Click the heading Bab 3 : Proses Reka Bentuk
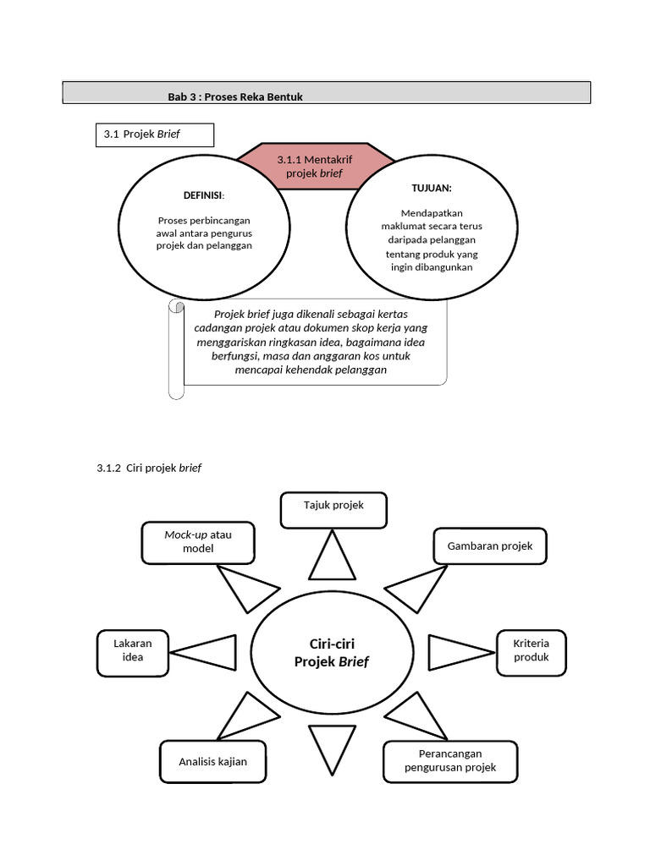click(x=235, y=97)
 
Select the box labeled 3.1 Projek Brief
click(x=154, y=134)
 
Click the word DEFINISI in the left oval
click(x=202, y=195)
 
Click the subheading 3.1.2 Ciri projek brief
click(x=149, y=468)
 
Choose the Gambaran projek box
click(x=490, y=546)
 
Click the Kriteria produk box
click(x=531, y=651)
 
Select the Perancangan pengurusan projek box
click(x=450, y=761)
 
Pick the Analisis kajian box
click(x=212, y=762)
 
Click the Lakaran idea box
click(x=133, y=651)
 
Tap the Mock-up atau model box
click(x=198, y=542)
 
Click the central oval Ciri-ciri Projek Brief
click(x=332, y=653)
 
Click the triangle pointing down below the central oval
click(x=331, y=747)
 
